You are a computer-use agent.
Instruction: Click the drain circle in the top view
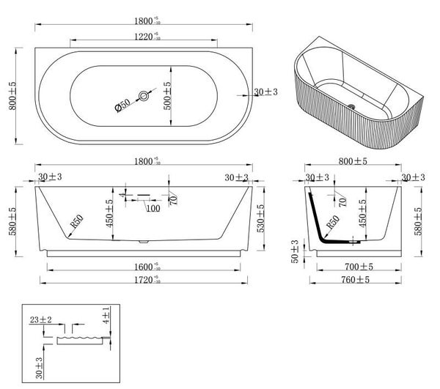click(x=145, y=95)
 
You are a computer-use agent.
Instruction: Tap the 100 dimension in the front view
click(x=153, y=209)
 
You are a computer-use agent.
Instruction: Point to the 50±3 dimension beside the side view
click(x=294, y=251)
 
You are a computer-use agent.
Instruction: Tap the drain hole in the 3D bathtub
click(x=356, y=107)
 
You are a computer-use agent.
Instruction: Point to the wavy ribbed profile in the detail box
click(x=81, y=340)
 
